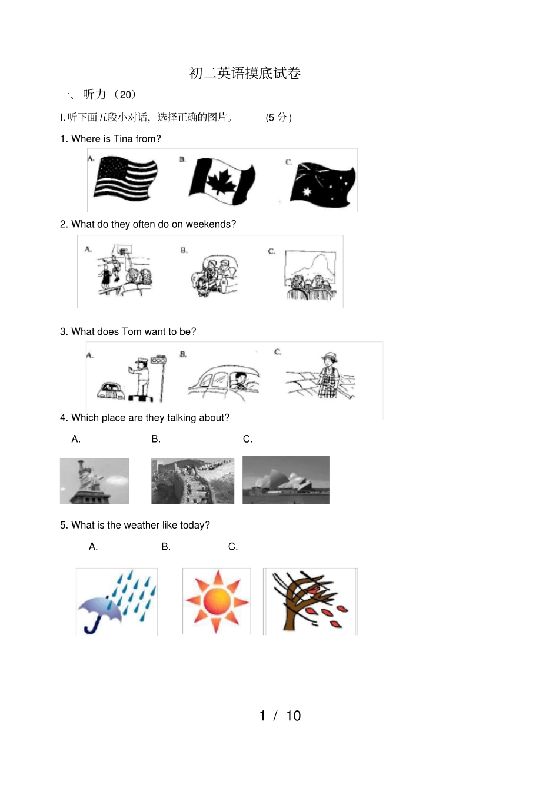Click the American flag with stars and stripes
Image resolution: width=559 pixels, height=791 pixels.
pos(126,178)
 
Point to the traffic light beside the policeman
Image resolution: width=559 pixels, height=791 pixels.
pos(159,360)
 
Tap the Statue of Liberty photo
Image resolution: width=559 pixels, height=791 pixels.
pos(94,481)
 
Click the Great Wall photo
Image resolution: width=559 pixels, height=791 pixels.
pos(192,481)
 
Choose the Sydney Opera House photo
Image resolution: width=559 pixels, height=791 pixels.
pos(286,480)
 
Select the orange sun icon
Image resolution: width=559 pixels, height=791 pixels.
pos(217,601)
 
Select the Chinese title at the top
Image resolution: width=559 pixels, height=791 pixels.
pos(245,73)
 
